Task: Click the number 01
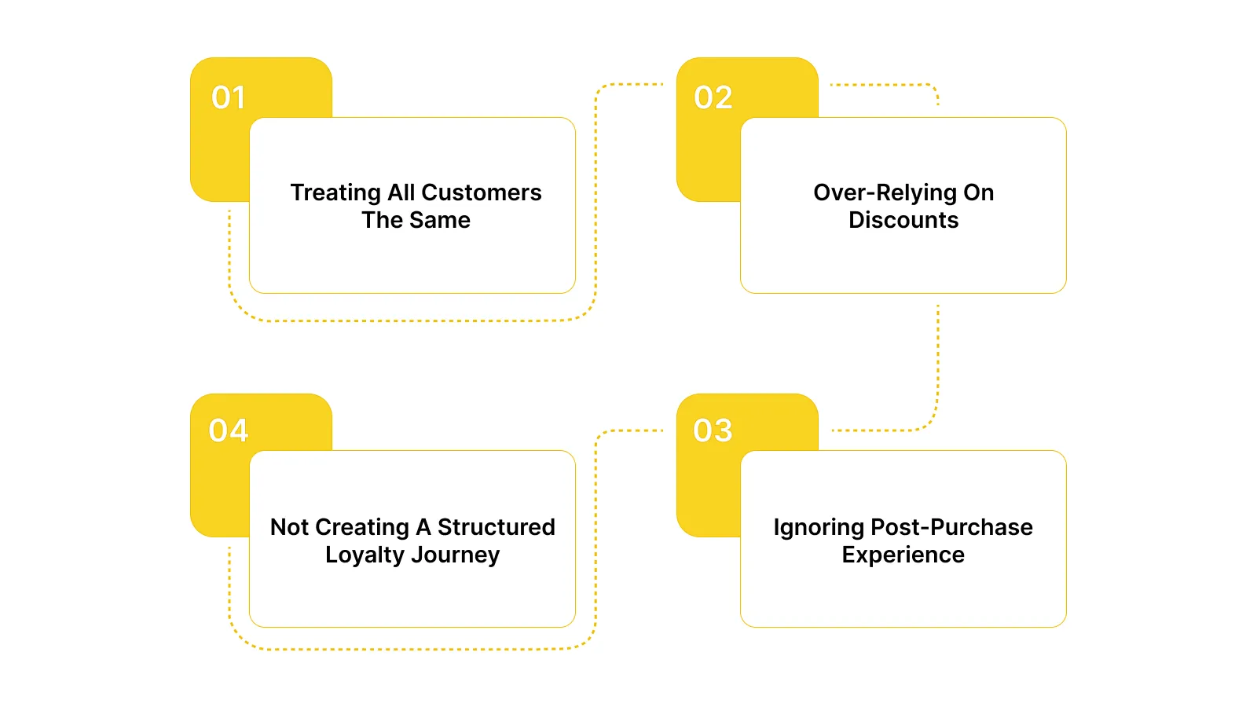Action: pyautogui.click(x=229, y=97)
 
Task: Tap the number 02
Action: pyautogui.click(x=713, y=97)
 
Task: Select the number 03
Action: pyautogui.click(x=713, y=430)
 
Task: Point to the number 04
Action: pyautogui.click(x=229, y=430)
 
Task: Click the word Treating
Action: pyautogui.click(x=335, y=193)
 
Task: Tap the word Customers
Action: pyautogui.click(x=482, y=192)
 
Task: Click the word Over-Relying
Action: pyautogui.click(x=874, y=193)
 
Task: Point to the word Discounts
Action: pyautogui.click(x=903, y=220)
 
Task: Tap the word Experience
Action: pyautogui.click(x=903, y=555)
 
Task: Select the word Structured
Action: pyautogui.click(x=497, y=527)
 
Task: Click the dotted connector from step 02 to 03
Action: pyautogui.click(x=938, y=361)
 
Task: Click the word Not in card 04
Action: pyautogui.click(x=290, y=527)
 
